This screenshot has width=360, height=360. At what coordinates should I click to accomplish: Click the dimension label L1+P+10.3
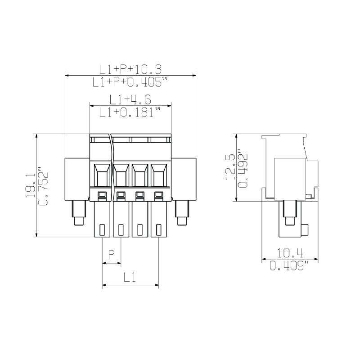[x=130, y=69]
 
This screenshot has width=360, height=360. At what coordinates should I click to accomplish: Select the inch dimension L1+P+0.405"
[x=130, y=82]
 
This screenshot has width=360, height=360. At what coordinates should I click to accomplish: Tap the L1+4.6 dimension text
[x=130, y=99]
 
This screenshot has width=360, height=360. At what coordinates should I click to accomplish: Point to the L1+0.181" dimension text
[x=130, y=112]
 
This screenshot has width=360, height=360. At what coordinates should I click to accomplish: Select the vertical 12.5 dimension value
[x=230, y=167]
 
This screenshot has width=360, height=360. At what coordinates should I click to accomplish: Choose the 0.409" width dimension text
[x=289, y=266]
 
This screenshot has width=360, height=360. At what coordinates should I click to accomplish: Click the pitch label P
[x=112, y=255]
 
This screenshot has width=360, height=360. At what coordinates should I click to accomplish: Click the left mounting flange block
[x=77, y=179]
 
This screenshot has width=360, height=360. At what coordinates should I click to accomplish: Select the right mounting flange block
[x=184, y=179]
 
